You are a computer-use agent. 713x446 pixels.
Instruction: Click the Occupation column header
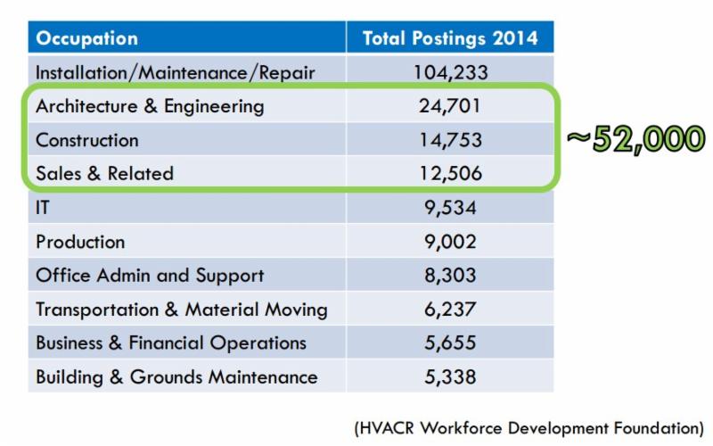click(x=86, y=38)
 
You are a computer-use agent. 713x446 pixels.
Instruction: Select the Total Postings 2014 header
click(x=449, y=38)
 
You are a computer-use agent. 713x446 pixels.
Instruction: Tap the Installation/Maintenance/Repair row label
click(x=176, y=72)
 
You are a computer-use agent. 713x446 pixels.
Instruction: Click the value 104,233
click(x=449, y=72)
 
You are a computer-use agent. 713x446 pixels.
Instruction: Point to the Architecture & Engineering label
click(x=150, y=106)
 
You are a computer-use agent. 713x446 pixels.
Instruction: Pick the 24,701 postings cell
click(x=449, y=106)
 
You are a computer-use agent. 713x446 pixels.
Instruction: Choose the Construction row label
click(x=87, y=140)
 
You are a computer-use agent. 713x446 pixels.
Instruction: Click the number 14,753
click(x=449, y=140)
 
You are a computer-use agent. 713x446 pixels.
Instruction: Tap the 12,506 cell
click(x=449, y=174)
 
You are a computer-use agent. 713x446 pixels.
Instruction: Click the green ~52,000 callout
click(x=635, y=140)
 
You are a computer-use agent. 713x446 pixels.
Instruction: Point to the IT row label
click(x=44, y=208)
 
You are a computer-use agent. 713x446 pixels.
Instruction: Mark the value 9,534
click(x=449, y=208)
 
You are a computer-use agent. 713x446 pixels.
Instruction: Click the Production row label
click(x=80, y=242)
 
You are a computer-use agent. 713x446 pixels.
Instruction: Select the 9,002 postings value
click(x=449, y=242)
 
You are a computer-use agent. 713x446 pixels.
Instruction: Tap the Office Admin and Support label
click(x=150, y=276)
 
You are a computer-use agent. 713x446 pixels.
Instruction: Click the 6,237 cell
click(x=449, y=310)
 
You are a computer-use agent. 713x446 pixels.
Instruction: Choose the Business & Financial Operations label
click(x=171, y=343)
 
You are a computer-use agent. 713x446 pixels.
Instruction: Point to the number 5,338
click(x=449, y=376)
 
